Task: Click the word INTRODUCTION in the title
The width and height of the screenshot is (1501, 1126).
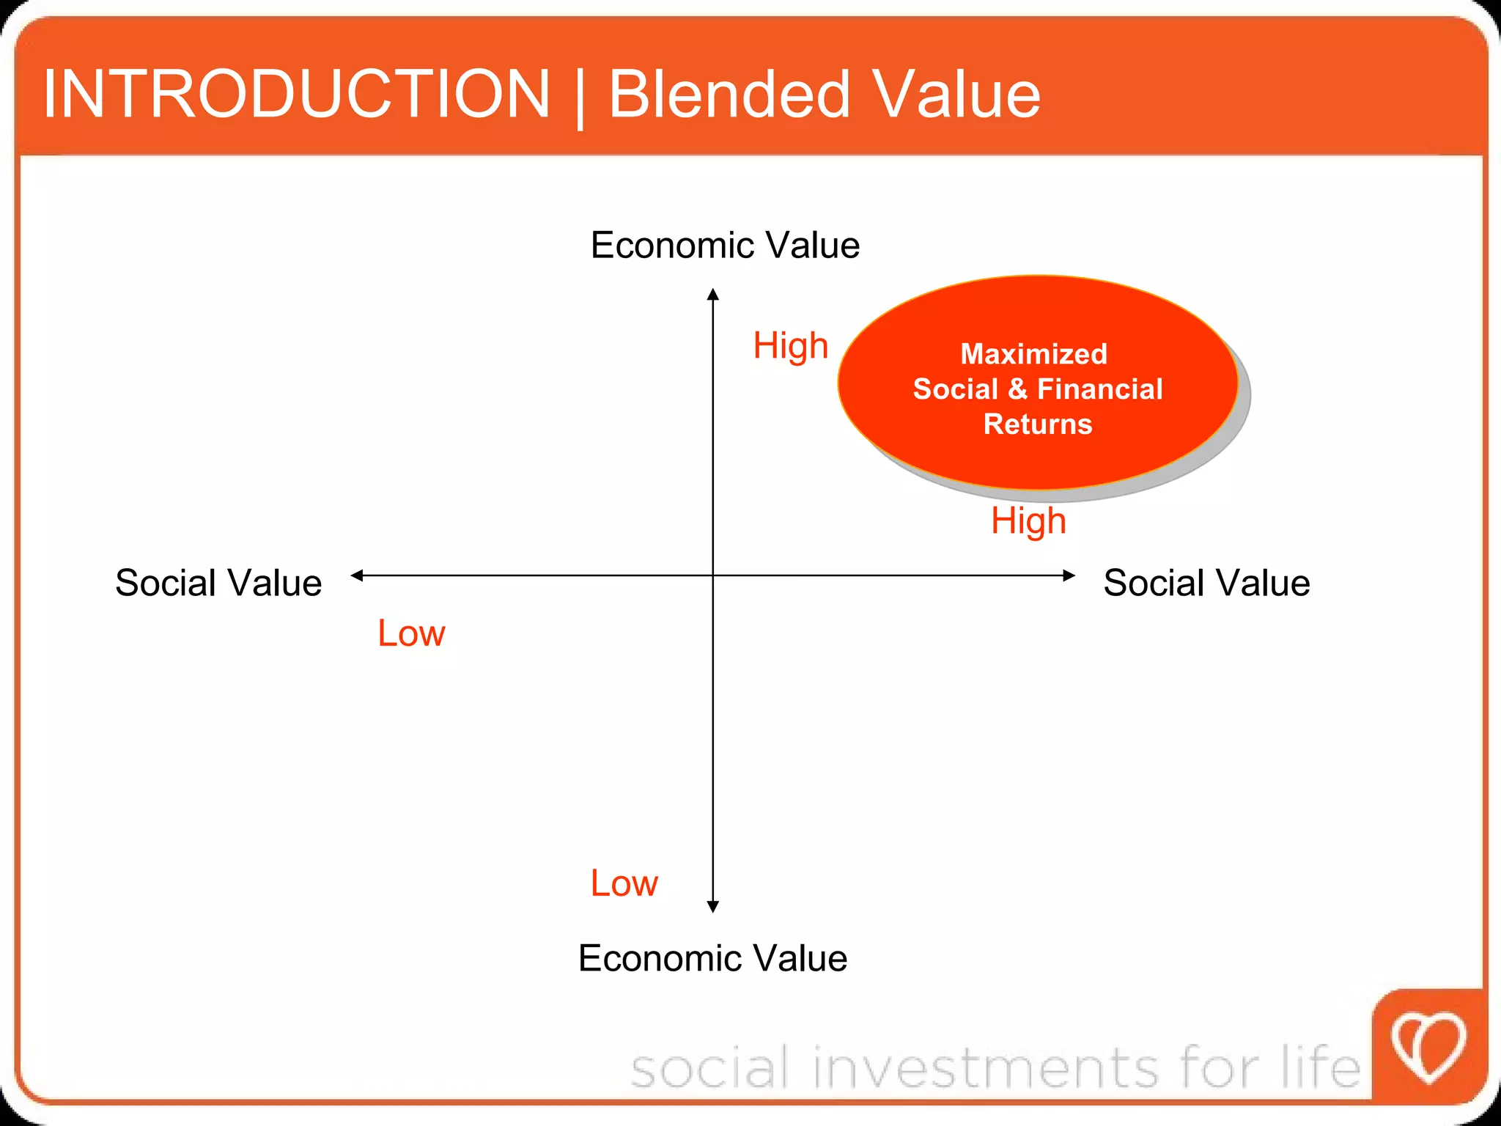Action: (296, 94)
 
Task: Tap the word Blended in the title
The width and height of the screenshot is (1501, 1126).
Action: (729, 94)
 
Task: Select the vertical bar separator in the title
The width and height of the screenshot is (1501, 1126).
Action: (580, 97)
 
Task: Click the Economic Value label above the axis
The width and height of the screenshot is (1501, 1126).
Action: (725, 245)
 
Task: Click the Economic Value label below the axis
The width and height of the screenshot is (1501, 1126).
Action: (712, 958)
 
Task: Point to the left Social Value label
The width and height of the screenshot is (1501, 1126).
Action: (218, 583)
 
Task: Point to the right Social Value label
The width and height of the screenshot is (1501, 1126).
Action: (1206, 583)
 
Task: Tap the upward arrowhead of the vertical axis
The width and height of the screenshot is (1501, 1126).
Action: (713, 295)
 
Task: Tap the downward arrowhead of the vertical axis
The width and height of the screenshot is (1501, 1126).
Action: (713, 906)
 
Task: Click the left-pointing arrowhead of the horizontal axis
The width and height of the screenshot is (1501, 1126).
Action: (357, 575)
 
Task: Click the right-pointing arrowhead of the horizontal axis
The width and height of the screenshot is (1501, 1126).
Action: (1069, 575)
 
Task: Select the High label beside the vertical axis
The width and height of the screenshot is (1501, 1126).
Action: (791, 345)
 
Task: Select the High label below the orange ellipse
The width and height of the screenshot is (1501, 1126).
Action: (1028, 521)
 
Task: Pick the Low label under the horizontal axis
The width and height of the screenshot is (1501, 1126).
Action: (411, 633)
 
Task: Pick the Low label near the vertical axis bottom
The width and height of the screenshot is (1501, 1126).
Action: (624, 883)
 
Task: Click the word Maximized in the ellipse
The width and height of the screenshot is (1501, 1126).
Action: (1033, 354)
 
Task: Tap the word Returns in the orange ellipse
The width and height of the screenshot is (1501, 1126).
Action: (1038, 424)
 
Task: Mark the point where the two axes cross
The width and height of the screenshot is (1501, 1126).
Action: (713, 575)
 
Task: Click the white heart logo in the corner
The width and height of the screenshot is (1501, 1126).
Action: (1428, 1047)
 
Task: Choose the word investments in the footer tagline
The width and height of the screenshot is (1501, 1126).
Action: (986, 1067)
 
